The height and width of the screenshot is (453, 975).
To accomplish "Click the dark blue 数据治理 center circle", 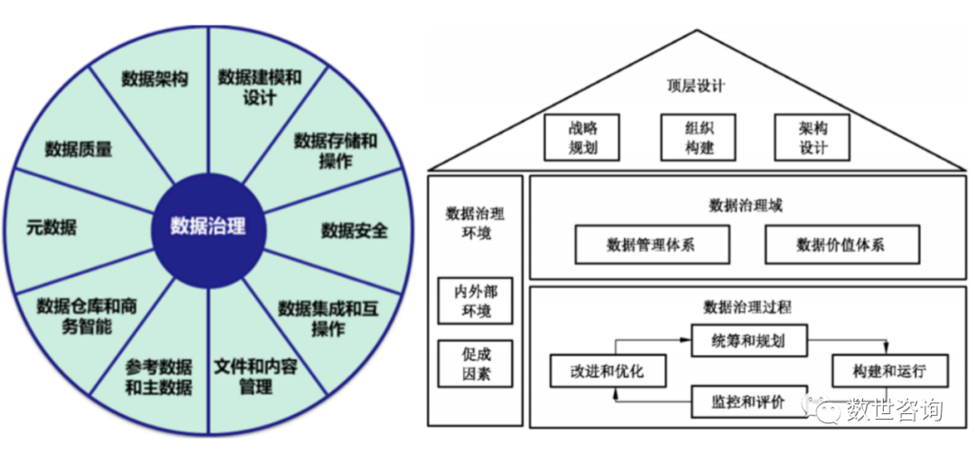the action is [x=209, y=226].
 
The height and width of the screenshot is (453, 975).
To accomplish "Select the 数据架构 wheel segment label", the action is [x=154, y=79].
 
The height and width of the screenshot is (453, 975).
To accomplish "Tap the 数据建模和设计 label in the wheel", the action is [x=259, y=88].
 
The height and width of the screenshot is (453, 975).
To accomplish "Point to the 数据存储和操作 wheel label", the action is [x=335, y=151].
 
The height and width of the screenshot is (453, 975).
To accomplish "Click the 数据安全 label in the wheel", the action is [x=355, y=230].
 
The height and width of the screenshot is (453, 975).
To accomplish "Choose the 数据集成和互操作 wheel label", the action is [x=328, y=318].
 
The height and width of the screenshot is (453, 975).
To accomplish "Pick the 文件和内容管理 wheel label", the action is [x=256, y=377].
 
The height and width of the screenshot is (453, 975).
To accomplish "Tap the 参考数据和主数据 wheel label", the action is [x=159, y=377].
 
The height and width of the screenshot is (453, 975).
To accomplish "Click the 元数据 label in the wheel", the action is [x=51, y=226].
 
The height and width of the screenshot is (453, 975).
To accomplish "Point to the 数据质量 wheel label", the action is [x=79, y=149].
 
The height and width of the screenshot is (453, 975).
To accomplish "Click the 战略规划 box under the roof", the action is [x=583, y=137].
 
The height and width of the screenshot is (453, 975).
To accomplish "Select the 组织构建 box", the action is [x=699, y=137].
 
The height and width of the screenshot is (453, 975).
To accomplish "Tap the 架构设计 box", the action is [x=812, y=137].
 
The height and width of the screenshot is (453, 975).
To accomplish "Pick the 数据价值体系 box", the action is [x=841, y=245].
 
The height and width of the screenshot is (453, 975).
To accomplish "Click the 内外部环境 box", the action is [x=475, y=301].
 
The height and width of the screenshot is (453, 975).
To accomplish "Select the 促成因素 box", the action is [x=475, y=364].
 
